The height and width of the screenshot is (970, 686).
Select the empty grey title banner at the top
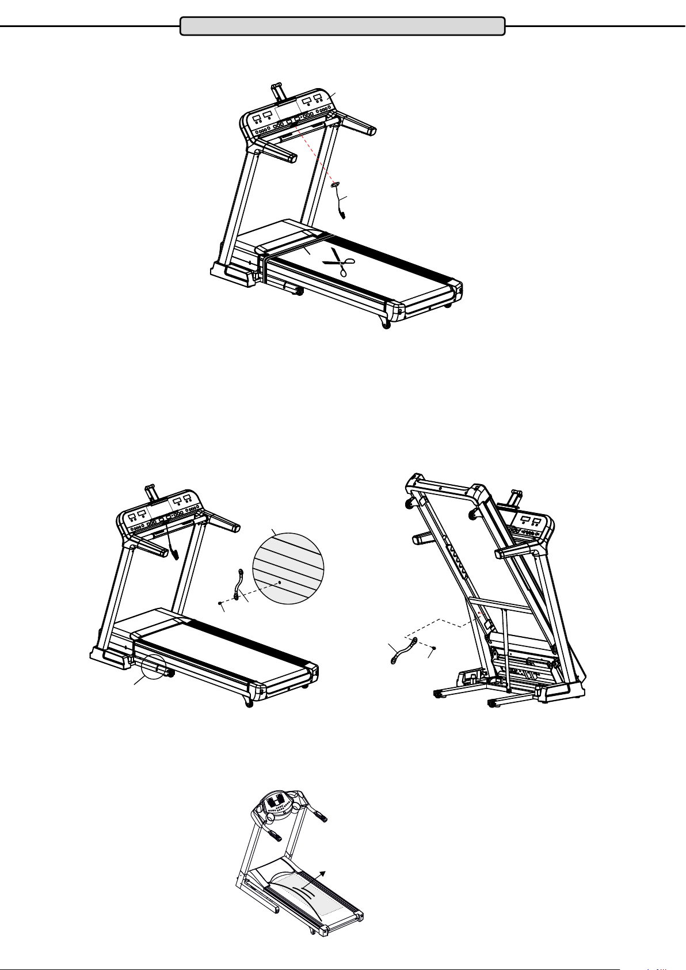pyautogui.click(x=342, y=26)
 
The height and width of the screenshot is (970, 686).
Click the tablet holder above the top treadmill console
pyautogui.click(x=278, y=91)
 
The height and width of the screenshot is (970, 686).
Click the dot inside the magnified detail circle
pyautogui.click(x=280, y=582)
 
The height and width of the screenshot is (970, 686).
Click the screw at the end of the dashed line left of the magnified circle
pyautogui.click(x=220, y=603)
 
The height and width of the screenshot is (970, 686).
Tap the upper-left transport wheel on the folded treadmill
pyautogui.click(x=411, y=503)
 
